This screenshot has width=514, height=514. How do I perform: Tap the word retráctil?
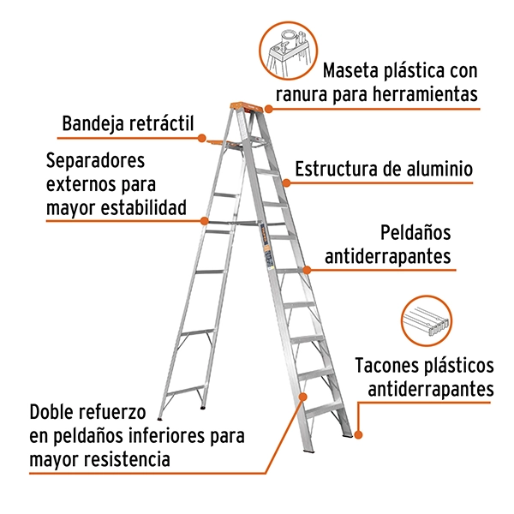click(x=162, y=123)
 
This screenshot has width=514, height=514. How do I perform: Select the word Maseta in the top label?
click(x=350, y=70)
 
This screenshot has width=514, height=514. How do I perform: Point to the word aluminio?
click(x=439, y=169)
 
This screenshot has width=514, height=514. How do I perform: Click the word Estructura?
click(x=337, y=169)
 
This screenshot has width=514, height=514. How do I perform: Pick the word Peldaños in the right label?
click(x=415, y=233)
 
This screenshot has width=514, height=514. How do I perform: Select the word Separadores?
click(x=95, y=160)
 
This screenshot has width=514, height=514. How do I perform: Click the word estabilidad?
click(x=143, y=207)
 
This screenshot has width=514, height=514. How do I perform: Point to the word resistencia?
click(x=127, y=459)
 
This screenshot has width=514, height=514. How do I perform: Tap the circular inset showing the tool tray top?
click(x=289, y=51)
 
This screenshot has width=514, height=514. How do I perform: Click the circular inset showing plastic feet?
click(x=426, y=320)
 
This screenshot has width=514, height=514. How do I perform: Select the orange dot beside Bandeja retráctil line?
click(x=202, y=138)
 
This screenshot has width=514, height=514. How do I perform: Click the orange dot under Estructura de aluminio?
click(x=286, y=183)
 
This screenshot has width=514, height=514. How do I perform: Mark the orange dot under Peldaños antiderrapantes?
click(x=307, y=270)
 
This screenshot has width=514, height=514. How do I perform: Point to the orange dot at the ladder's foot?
click(x=358, y=434)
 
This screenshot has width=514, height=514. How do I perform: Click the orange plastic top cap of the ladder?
click(x=247, y=106)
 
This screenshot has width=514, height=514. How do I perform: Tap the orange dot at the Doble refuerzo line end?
click(x=303, y=397)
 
